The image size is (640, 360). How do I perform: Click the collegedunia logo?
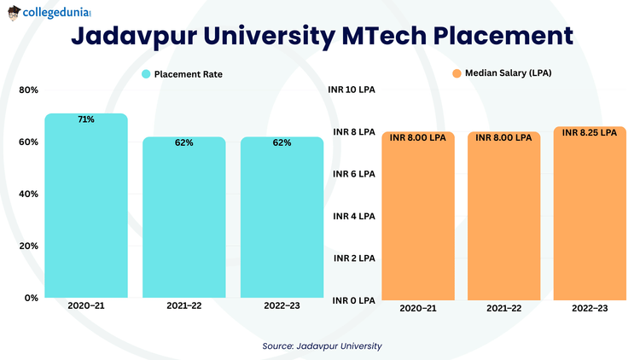[x=49, y=14]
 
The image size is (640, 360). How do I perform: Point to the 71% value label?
[x=86, y=120]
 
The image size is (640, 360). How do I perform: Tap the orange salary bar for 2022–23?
[x=590, y=218]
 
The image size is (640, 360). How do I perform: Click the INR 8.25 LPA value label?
[x=590, y=132]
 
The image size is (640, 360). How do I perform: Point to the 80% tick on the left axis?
[x=28, y=90]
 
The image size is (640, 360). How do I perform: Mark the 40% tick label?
[x=28, y=194]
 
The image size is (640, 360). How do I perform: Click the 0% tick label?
[x=31, y=298]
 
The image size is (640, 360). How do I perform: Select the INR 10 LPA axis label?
[x=352, y=90]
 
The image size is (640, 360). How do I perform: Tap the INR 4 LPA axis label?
[x=352, y=216]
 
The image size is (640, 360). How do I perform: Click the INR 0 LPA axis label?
[x=352, y=300]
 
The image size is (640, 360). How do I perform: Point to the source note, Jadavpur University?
[x=322, y=345]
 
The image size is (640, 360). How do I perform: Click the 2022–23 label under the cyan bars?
[x=282, y=306]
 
